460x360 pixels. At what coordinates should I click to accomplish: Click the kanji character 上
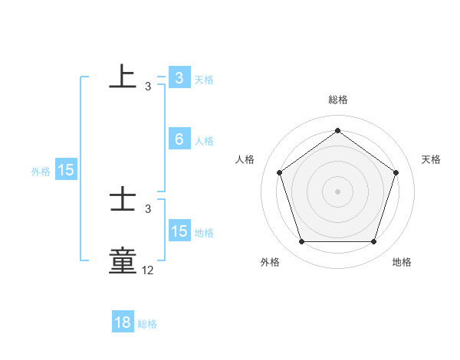pos(123,77)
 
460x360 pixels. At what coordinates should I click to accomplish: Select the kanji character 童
pos(123,260)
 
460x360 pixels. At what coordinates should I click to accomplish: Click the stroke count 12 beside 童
pos(148,270)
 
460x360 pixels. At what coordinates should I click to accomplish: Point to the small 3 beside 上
pos(148,87)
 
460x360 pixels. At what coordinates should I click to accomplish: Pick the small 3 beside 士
pos(148,208)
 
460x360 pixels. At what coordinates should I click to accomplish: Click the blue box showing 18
pos(123,322)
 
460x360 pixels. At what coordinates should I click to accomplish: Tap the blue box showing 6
pos(179,139)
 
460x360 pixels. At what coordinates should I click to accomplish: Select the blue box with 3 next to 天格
pos(179,77)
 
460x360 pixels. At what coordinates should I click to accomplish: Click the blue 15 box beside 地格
pos(179,231)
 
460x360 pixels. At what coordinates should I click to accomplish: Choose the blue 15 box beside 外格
pos(66,170)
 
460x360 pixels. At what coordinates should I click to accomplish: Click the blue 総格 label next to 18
pos(147,324)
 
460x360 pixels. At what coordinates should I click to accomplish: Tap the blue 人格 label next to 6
pos(204,141)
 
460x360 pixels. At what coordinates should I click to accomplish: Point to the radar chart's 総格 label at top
pos(338,100)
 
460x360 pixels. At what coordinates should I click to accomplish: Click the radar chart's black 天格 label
pos(431,159)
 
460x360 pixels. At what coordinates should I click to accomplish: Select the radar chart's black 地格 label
pos(402,262)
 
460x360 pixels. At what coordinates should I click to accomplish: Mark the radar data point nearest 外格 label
pos(301,242)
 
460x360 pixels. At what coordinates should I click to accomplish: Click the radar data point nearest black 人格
pos(279,172)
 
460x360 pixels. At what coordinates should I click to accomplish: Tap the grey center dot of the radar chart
pos(337,191)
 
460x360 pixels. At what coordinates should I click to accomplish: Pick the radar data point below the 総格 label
pos(337,131)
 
